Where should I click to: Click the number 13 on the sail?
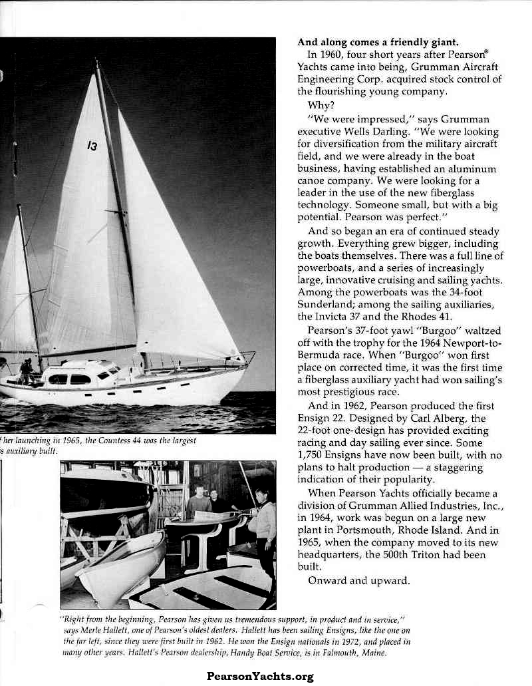coord(92,146)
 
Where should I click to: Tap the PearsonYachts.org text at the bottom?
coord(260,677)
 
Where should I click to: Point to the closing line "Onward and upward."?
coord(359,580)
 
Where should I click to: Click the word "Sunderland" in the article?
coord(325,304)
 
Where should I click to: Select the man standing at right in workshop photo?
coord(264,532)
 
